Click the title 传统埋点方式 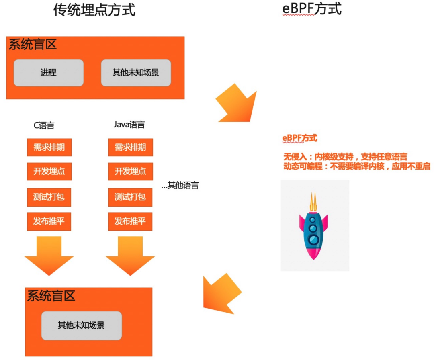tap(94, 10)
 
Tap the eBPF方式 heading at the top tap(312, 8)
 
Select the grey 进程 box tap(49, 73)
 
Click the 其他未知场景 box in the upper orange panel tap(136, 73)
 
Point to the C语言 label tap(44, 125)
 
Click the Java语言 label tap(129, 125)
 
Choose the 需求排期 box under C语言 tap(49, 147)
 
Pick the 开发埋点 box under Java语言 tap(130, 171)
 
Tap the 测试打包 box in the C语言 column tap(49, 197)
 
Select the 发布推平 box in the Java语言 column tap(130, 221)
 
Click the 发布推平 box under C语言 tap(49, 221)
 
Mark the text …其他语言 tap(180, 185)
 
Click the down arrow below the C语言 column tap(49, 256)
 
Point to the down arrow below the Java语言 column tap(130, 256)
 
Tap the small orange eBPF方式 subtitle tap(300, 138)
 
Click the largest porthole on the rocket tap(313, 239)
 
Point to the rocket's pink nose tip tap(313, 259)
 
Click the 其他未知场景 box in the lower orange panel tap(82, 325)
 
